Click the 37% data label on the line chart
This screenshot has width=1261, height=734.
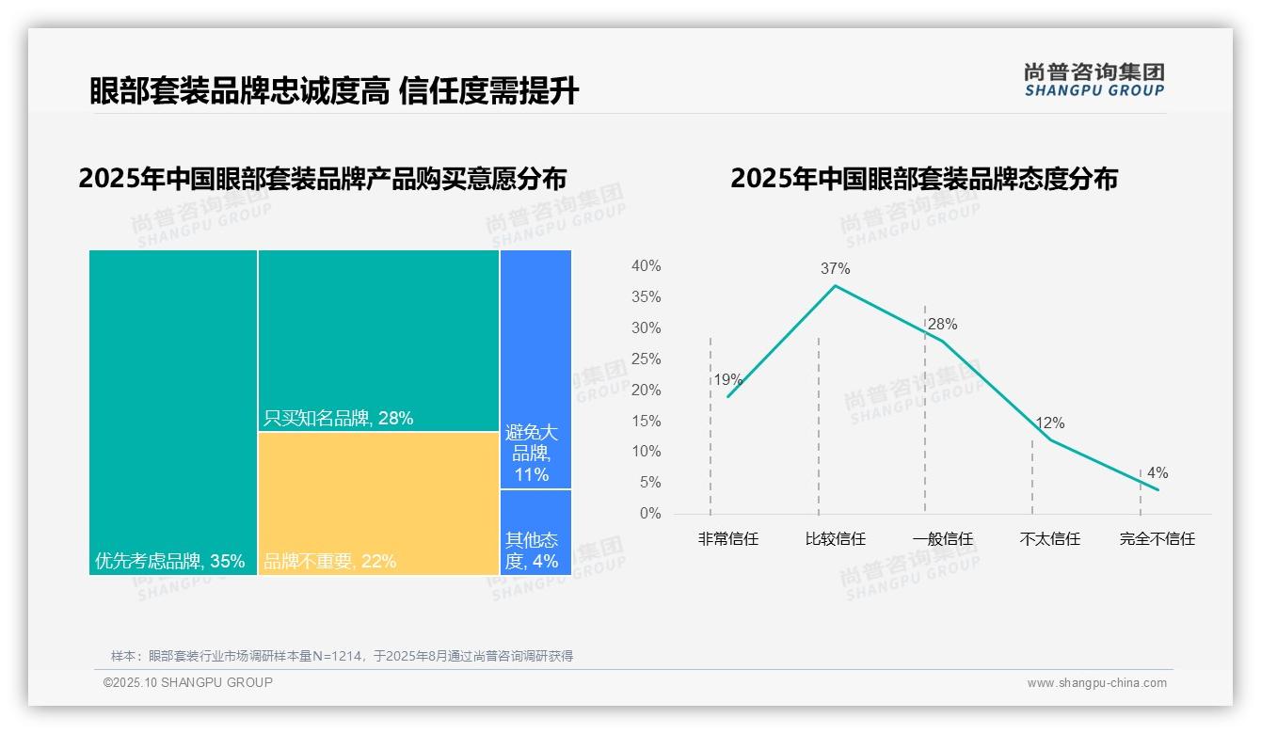835,269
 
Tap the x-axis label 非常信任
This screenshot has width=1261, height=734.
727,539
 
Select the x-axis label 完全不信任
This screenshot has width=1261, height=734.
1157,539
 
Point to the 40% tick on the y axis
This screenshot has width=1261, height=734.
646,266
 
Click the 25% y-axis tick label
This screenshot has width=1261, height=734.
646,359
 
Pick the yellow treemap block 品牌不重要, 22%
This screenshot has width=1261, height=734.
378,503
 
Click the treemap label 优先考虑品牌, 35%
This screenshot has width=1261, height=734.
169,562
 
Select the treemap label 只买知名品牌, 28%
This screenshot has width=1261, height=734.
339,419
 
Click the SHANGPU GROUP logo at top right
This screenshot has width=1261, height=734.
1093,80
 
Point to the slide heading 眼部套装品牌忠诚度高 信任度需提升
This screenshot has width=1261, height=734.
334,91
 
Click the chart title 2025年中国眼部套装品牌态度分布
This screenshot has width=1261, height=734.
923,179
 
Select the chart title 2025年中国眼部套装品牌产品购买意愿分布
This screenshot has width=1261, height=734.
323,179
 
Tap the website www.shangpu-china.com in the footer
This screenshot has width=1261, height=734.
1096,683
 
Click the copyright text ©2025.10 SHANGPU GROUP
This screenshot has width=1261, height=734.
188,682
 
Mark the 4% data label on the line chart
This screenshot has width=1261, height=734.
1157,473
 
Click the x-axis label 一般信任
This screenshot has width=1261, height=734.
942,539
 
